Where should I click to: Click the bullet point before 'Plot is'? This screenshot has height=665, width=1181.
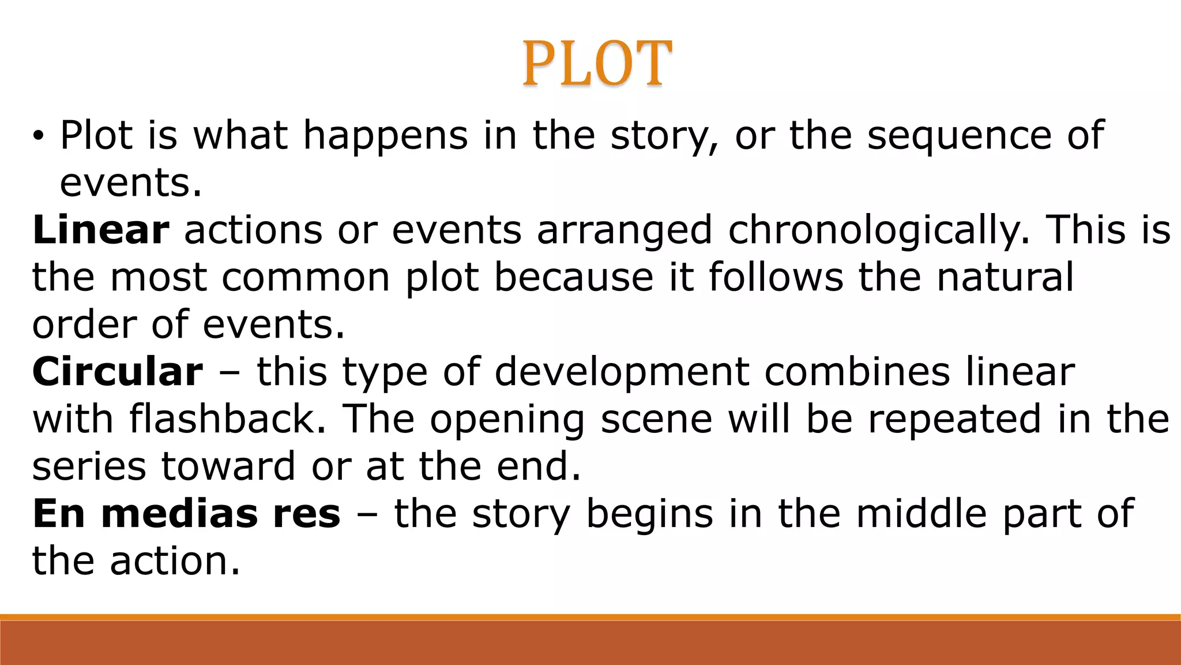38,137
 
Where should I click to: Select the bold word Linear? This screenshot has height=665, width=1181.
101,230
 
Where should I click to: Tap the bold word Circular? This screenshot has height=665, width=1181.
118,372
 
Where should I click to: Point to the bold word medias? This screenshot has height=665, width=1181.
179,514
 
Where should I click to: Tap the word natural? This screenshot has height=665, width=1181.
1005,277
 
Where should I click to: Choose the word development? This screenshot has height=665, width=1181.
622,373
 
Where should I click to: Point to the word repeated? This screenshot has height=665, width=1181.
954,419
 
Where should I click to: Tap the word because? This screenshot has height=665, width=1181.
574,277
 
